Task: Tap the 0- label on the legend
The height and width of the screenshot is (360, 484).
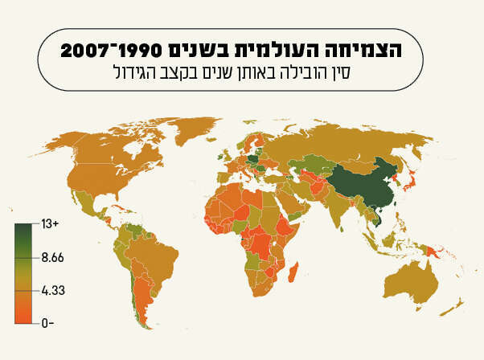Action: [47, 322]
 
